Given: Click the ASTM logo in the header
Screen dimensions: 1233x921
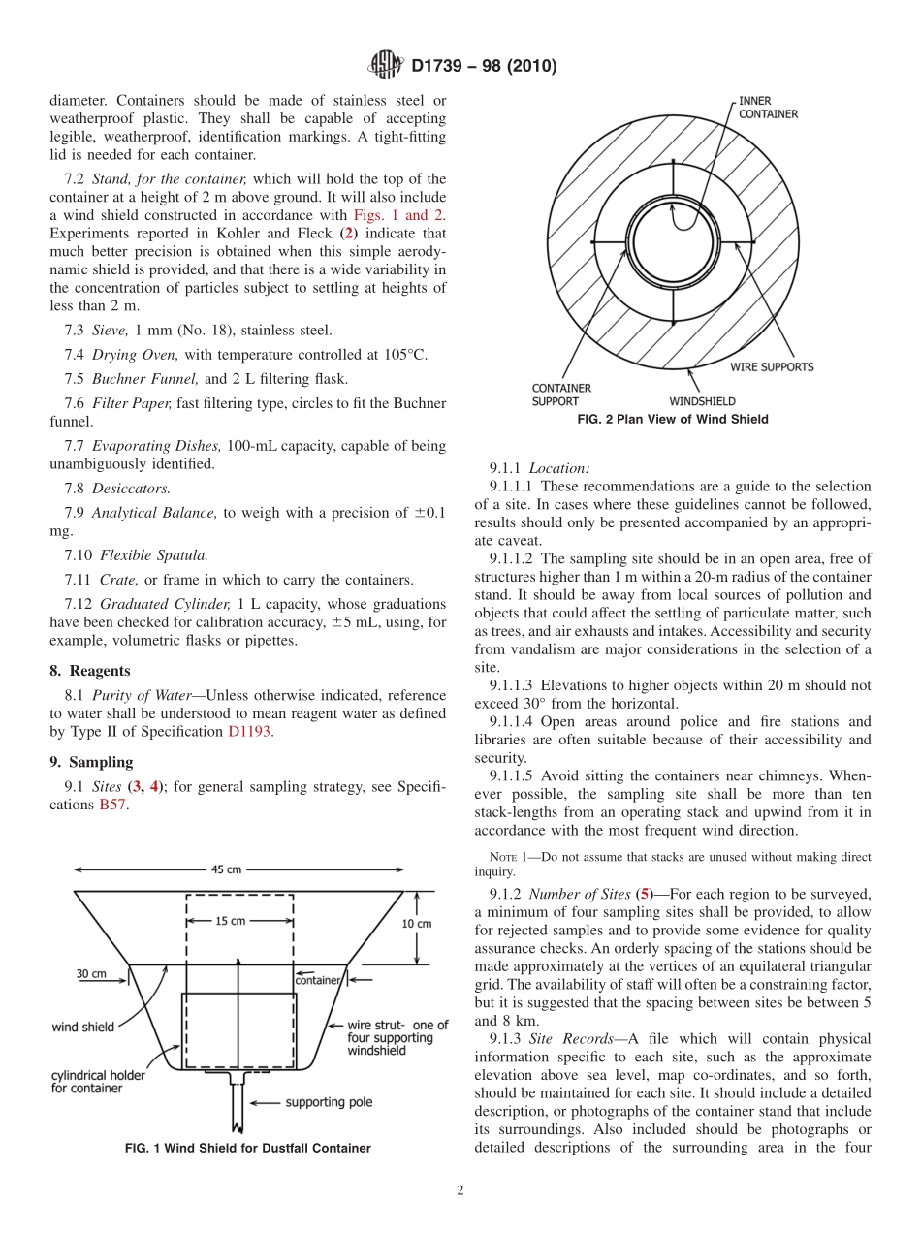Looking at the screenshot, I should click(386, 66).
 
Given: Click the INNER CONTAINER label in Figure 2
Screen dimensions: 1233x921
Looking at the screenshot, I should click(768, 107).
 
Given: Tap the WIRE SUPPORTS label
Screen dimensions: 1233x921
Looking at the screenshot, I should click(772, 367).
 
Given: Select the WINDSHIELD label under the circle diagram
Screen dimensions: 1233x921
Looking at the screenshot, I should click(702, 400).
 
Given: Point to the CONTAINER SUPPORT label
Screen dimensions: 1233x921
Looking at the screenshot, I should click(561, 394).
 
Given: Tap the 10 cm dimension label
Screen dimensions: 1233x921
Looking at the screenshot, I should click(417, 924).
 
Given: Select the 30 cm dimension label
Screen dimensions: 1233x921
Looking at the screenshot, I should click(93, 974).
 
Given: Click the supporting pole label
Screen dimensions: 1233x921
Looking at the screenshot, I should click(329, 1102).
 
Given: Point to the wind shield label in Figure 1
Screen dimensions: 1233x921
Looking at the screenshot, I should click(83, 1027).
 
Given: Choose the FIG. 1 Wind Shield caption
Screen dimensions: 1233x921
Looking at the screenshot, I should click(248, 1148).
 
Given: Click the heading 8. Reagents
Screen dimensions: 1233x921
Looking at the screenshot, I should click(90, 670).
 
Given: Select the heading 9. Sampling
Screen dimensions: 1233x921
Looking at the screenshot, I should click(91, 762).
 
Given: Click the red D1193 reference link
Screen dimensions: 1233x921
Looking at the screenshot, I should click(250, 732).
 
